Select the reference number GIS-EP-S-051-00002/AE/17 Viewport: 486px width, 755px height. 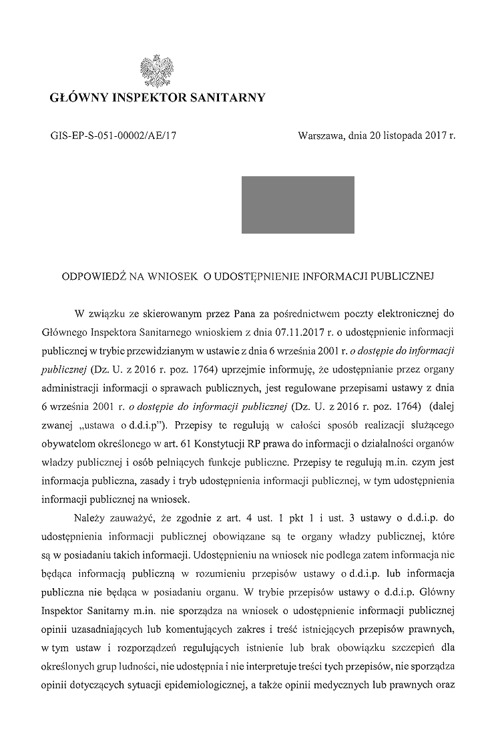click(x=113, y=135)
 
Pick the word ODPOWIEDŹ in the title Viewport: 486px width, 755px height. click(x=92, y=275)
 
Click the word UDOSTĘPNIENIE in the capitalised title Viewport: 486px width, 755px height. click(x=253, y=275)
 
